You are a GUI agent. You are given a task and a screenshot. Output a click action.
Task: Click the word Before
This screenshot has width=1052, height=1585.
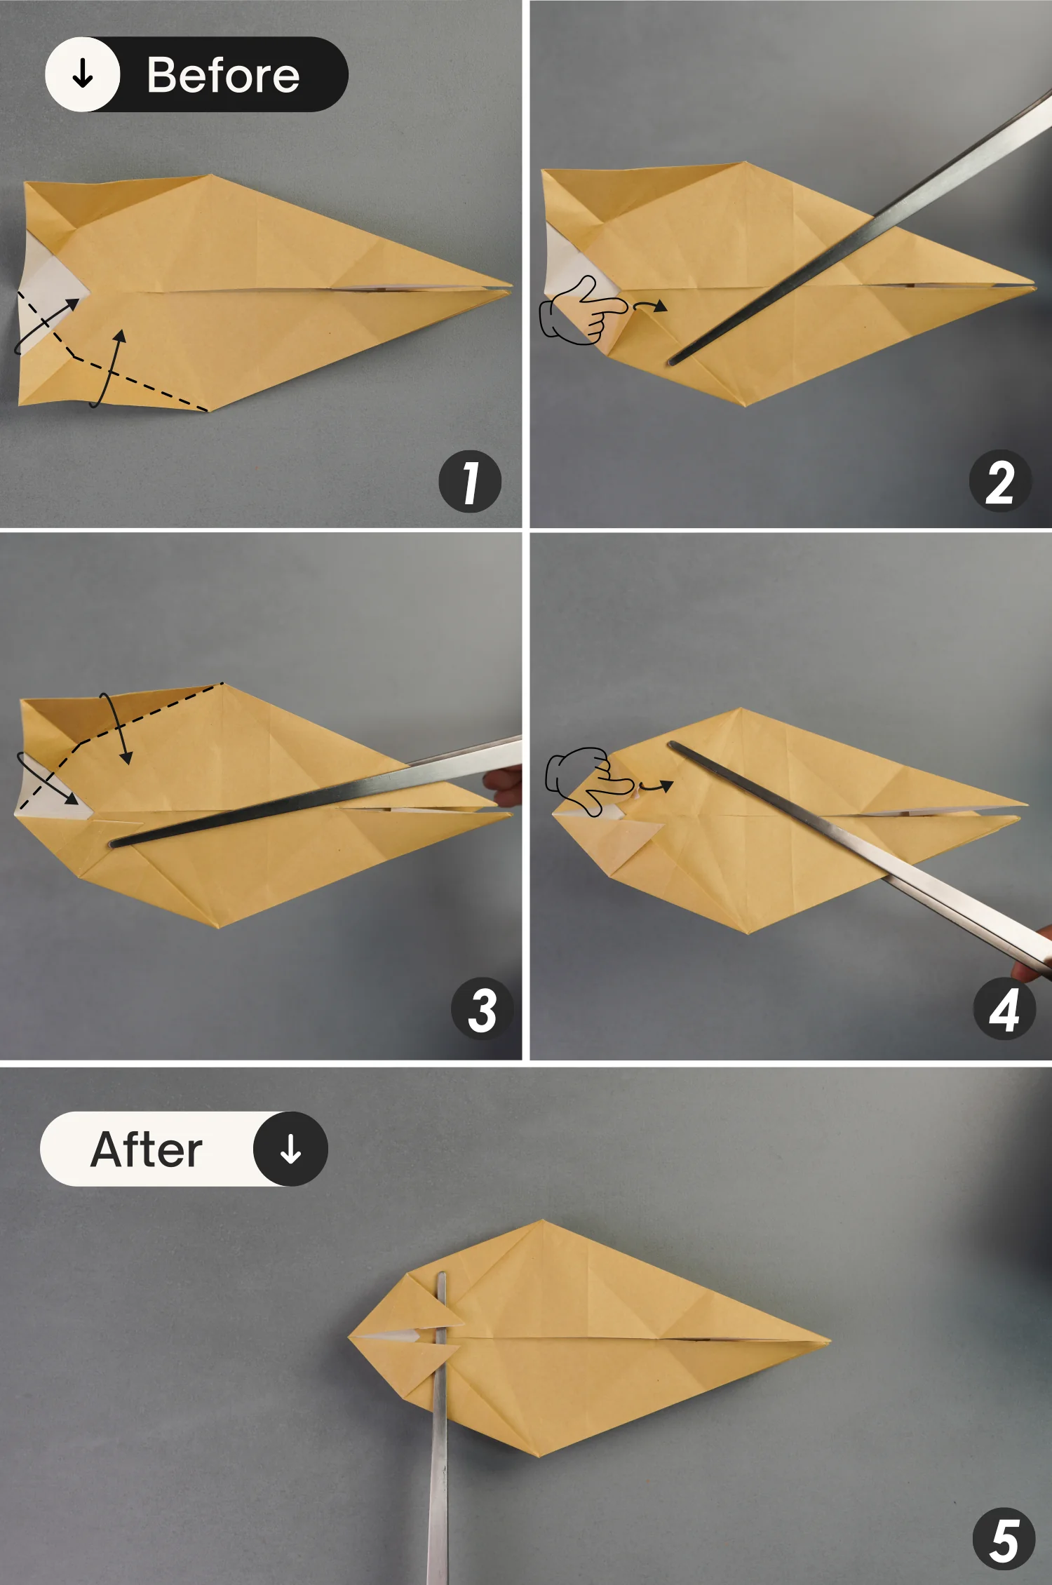coord(223,75)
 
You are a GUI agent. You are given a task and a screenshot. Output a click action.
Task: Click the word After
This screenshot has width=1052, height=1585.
coord(147,1149)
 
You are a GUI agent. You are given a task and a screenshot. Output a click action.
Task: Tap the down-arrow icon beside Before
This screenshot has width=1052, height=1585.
coord(83,74)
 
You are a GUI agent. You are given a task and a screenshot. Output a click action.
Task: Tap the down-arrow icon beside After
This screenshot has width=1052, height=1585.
coord(290,1149)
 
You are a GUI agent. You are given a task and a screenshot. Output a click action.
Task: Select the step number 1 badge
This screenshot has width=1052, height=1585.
coord(470,481)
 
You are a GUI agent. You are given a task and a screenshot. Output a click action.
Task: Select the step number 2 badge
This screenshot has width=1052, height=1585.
coord(1000,481)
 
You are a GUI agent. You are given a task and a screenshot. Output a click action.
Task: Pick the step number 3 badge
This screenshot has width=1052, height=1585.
coord(483,1010)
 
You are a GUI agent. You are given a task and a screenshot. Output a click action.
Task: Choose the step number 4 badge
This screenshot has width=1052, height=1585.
coord(1004,1010)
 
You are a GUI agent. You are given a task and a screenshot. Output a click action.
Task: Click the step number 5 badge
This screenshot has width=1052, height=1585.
coord(1004,1540)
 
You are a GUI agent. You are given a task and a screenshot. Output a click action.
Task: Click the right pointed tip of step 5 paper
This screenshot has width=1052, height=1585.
coord(829,1341)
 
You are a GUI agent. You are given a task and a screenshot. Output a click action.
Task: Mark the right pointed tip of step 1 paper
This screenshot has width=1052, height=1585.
coord(511,287)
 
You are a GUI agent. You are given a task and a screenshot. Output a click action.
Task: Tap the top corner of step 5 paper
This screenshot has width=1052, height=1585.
coord(542,1221)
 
